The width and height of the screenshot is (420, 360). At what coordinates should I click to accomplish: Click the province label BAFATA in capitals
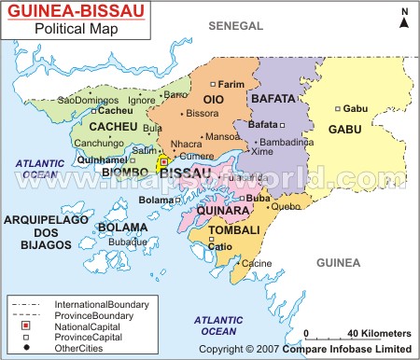(277, 97)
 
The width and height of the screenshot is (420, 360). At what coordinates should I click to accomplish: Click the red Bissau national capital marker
(164, 160)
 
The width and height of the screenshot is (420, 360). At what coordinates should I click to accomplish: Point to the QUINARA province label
(221, 211)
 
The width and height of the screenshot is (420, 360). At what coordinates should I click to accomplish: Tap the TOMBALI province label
(228, 228)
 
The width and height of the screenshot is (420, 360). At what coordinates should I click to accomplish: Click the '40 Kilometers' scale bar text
(378, 333)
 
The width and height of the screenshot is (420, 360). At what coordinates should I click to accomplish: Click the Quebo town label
(286, 206)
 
